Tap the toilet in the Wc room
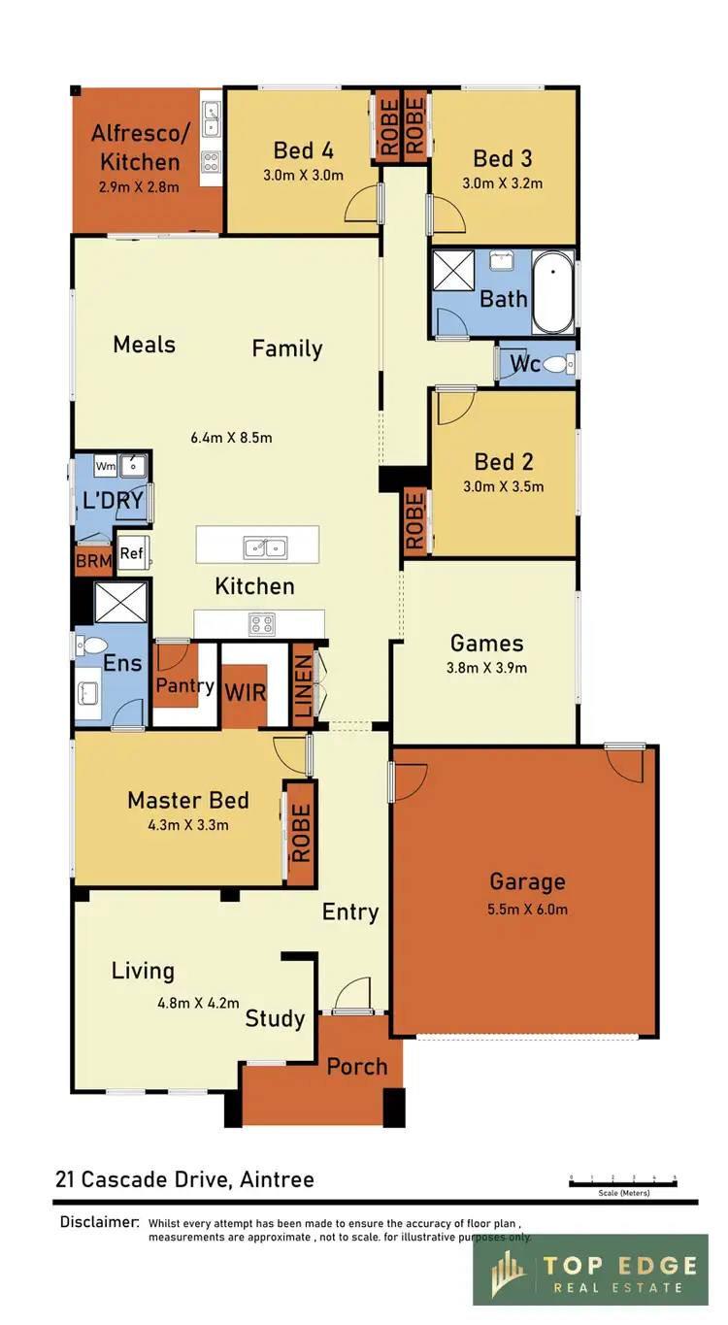click(x=556, y=365)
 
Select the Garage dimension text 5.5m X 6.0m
click(x=527, y=910)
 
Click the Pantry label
click(x=184, y=685)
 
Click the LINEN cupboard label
click(x=304, y=685)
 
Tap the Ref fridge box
click(x=131, y=553)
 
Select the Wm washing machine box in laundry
click(x=106, y=467)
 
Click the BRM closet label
click(x=93, y=560)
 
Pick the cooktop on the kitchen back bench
click(x=262, y=623)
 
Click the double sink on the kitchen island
click(x=264, y=547)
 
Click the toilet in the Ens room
click(x=93, y=646)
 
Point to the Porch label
click(x=356, y=1066)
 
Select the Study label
click(x=275, y=1018)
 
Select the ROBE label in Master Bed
click(x=300, y=833)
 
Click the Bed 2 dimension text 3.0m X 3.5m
click(x=504, y=486)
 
